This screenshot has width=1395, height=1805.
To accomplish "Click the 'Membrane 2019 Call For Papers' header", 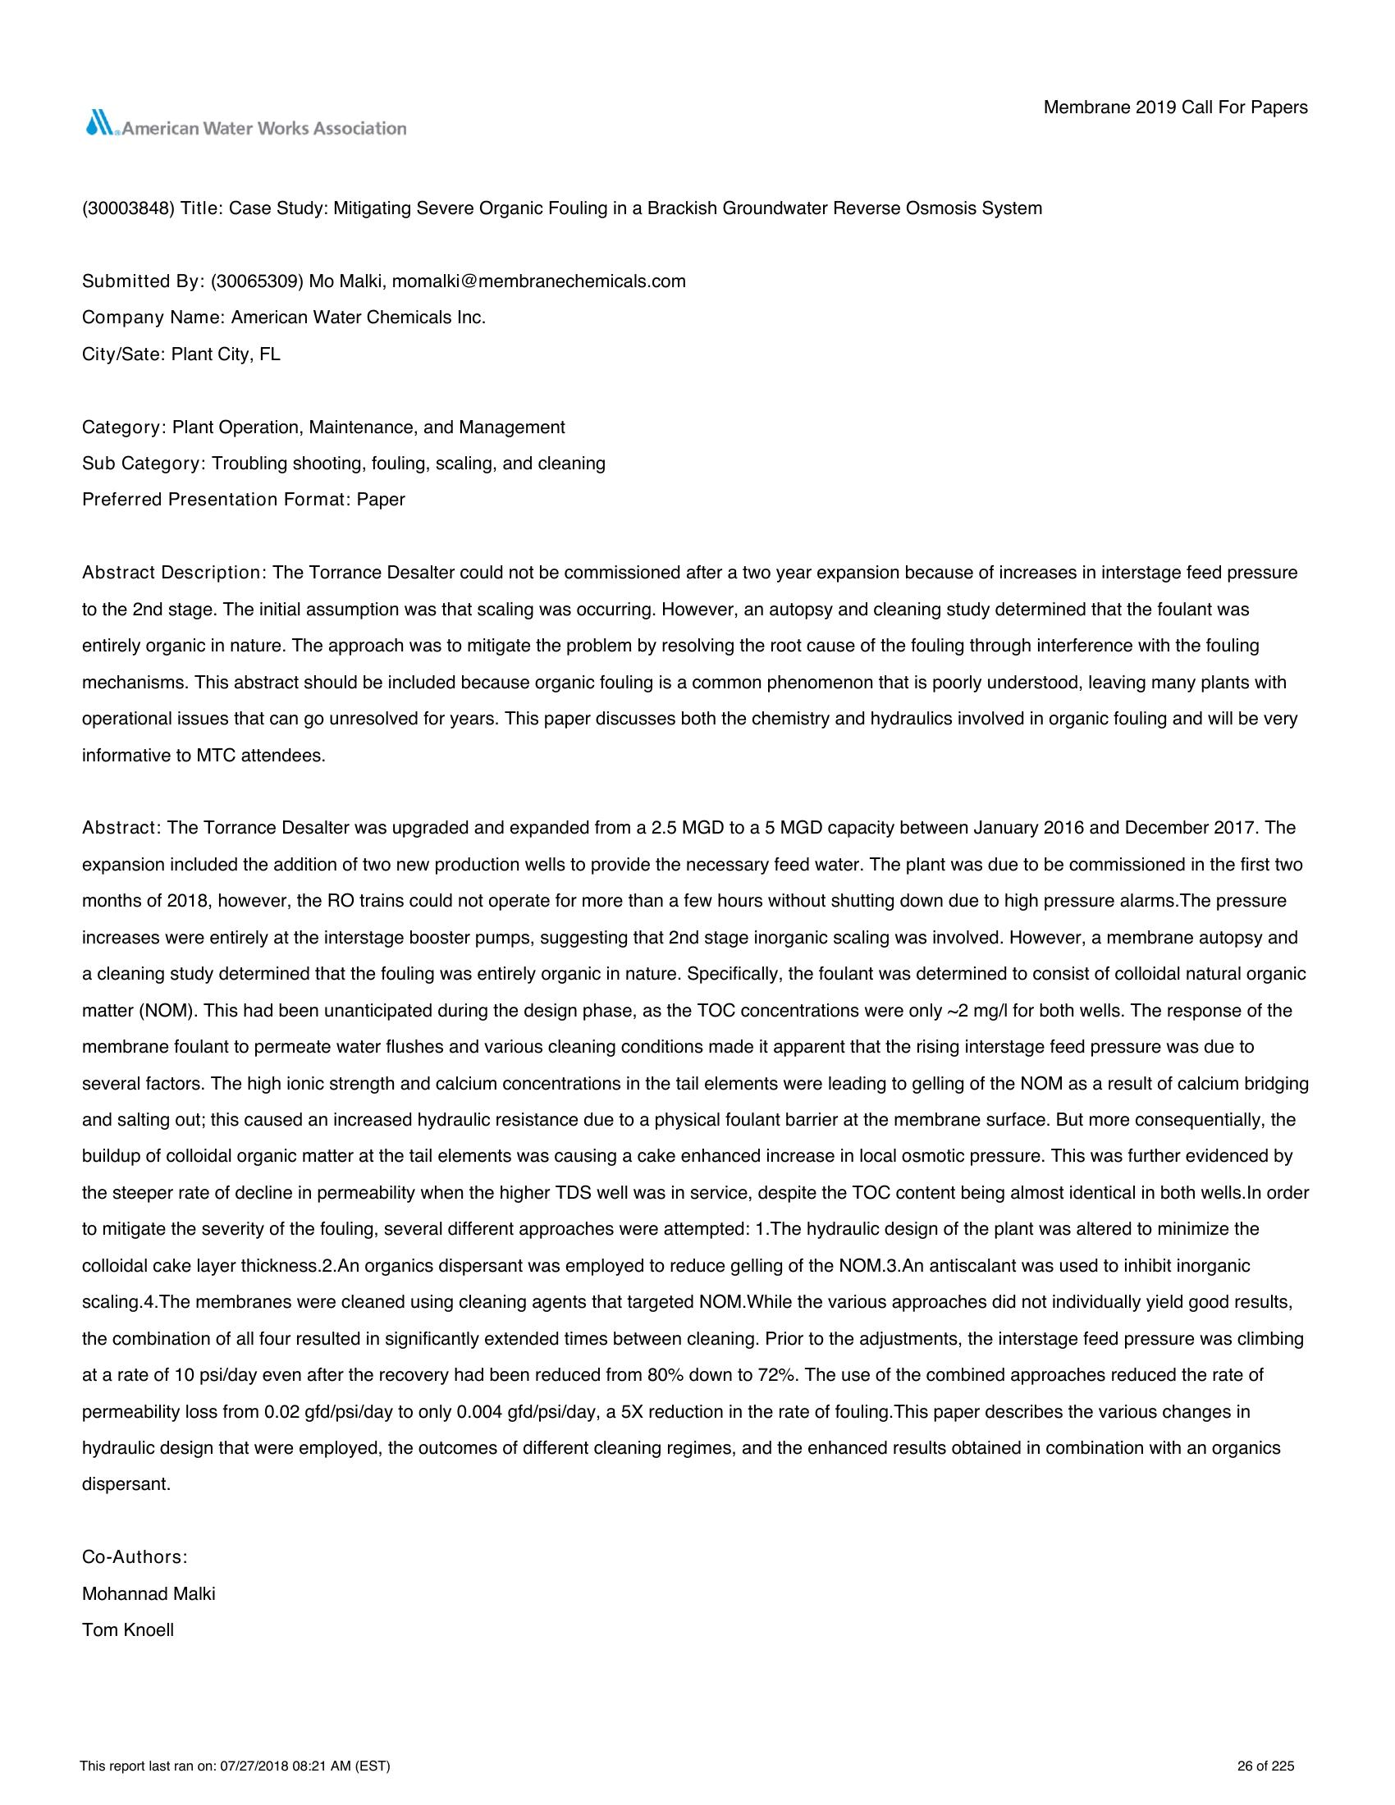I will tap(1175, 107).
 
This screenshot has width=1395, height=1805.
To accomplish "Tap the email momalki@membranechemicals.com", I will tap(539, 281).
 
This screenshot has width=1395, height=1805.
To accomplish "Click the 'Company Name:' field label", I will tap(153, 318).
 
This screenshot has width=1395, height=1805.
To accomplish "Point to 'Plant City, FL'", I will tap(226, 354).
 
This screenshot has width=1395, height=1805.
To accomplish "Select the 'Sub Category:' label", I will tap(144, 464).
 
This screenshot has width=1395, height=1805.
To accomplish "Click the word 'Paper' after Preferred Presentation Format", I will tap(381, 500).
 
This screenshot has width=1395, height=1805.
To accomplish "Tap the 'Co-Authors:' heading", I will tap(135, 1557).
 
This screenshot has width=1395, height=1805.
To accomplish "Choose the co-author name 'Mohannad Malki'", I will tap(149, 1593).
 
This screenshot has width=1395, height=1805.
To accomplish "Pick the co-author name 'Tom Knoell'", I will tap(128, 1629).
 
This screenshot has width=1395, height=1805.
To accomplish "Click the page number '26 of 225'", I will tap(1265, 1767).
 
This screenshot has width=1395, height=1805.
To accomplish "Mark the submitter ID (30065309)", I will tap(258, 281).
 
